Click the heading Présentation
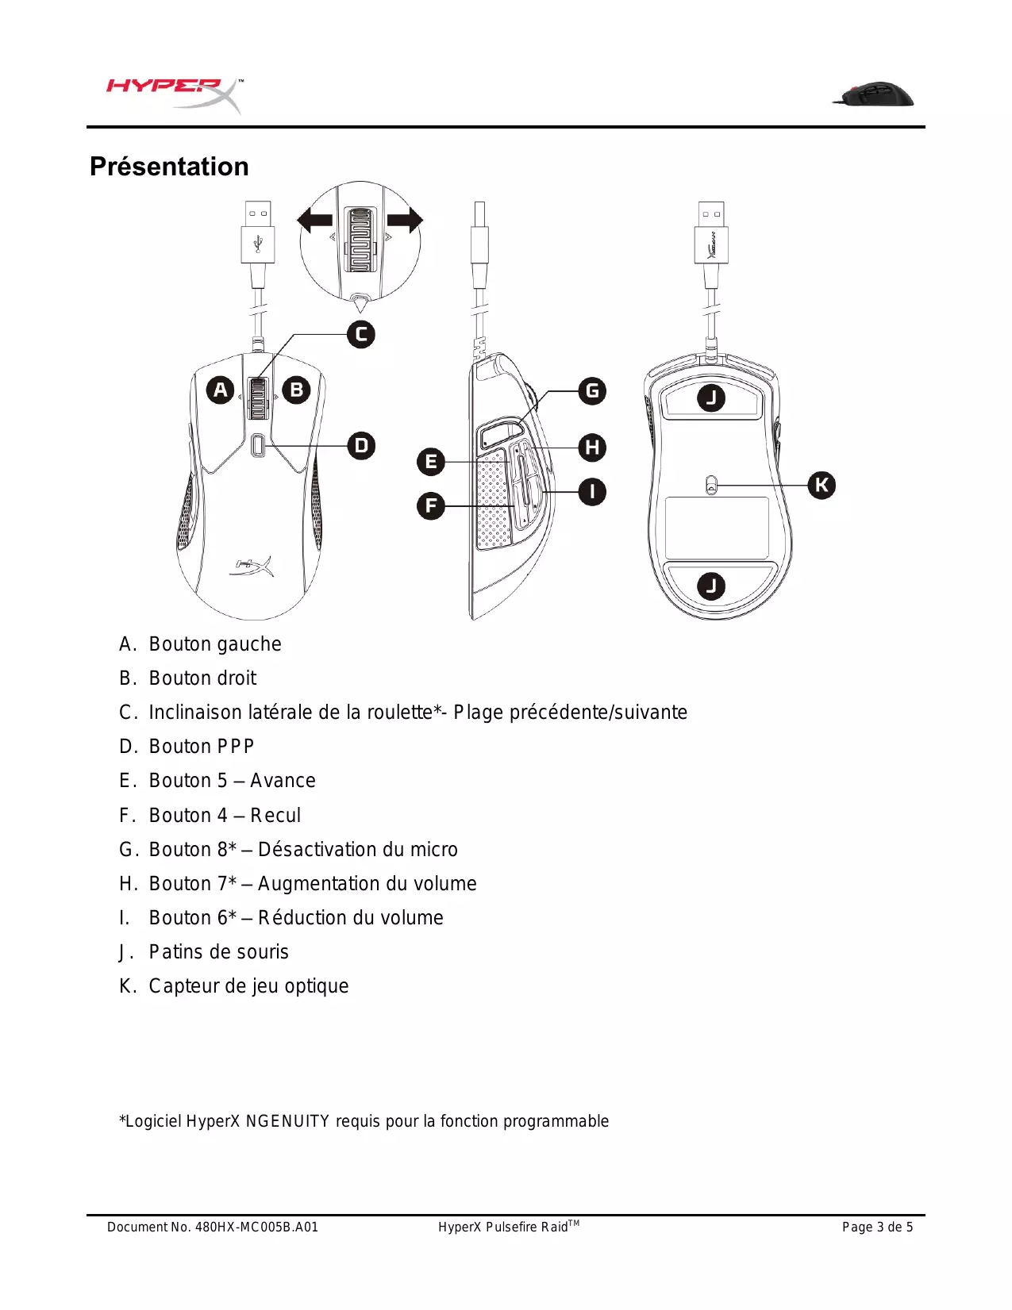point(169,167)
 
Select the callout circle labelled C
point(361,334)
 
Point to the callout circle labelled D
point(361,446)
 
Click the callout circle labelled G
point(592,391)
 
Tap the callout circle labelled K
point(822,485)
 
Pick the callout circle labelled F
point(431,505)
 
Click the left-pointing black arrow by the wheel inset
point(314,220)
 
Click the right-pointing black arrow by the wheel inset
point(406,220)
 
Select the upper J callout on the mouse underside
point(711,398)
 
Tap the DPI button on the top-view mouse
point(258,446)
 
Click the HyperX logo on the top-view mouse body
point(252,567)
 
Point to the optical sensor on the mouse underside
point(711,485)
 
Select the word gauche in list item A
point(248,644)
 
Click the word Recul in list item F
point(275,816)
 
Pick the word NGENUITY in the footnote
point(287,1121)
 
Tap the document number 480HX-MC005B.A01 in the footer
point(256,1227)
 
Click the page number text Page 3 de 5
point(877,1227)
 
